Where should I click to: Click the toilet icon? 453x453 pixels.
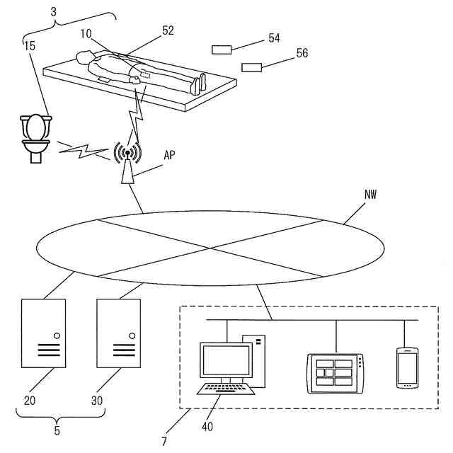coord(35,137)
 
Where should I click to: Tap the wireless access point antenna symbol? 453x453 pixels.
coord(127,152)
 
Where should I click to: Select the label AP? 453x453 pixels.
coord(170,155)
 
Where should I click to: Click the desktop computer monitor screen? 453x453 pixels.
coord(224,360)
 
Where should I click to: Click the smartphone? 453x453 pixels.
coord(406,367)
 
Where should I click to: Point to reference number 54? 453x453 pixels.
coord(275,38)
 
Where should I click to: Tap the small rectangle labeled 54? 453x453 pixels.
coord(222,50)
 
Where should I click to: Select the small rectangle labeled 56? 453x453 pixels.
coord(251,67)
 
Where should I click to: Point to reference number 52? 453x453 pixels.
coord(168,30)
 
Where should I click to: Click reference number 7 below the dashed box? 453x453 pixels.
coord(164,441)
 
